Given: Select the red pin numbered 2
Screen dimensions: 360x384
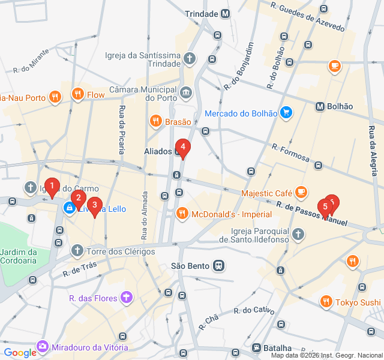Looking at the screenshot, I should [x=78, y=198].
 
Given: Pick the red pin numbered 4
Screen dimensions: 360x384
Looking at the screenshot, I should [x=182, y=148].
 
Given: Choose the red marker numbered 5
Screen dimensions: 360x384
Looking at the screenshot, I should [x=325, y=208].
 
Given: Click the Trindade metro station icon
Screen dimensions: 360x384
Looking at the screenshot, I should [x=225, y=13].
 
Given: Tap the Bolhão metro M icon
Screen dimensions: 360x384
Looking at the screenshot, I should [x=320, y=106].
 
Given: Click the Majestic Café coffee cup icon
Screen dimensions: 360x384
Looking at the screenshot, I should [x=301, y=193].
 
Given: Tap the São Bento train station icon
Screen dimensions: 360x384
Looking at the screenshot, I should [x=220, y=265].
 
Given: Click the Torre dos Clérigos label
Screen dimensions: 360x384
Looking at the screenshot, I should [x=120, y=251].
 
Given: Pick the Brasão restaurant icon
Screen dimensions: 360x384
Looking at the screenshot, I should [x=156, y=121].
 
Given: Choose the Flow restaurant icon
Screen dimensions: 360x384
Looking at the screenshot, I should [x=77, y=94].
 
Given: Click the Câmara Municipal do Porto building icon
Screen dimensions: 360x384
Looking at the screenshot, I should [x=185, y=92].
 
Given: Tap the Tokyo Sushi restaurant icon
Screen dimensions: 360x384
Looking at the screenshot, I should [x=326, y=301].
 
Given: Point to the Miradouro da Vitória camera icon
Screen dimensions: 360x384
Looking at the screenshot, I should [x=43, y=346].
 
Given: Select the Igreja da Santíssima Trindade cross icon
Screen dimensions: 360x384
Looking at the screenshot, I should [x=190, y=58].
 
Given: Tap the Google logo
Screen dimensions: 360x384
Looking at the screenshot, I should [x=20, y=353].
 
